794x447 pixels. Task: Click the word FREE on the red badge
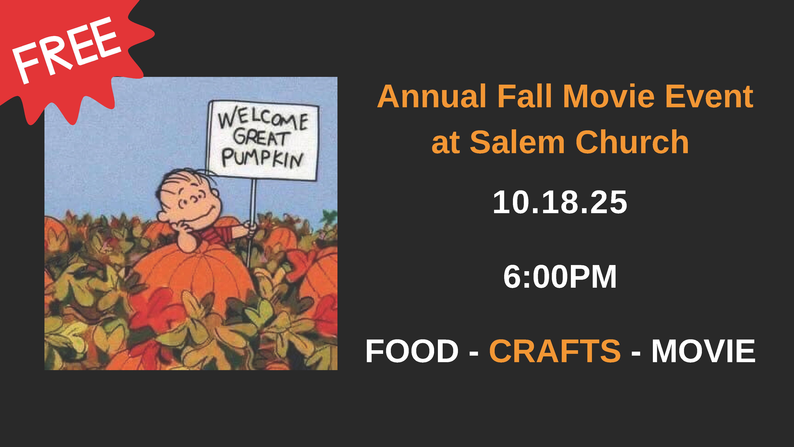pos(66,49)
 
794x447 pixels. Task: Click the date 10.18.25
pos(560,202)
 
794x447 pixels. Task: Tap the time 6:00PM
pos(560,277)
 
